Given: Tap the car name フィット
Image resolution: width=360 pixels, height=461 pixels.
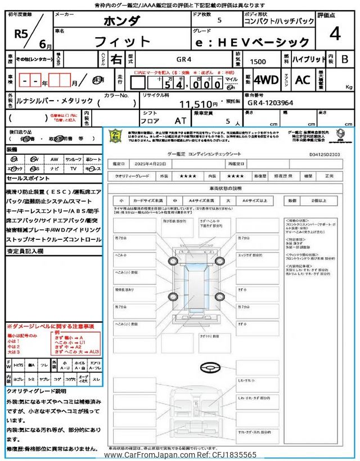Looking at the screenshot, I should click(x=123, y=42).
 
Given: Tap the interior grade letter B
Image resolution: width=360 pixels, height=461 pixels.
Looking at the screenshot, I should click(x=344, y=59).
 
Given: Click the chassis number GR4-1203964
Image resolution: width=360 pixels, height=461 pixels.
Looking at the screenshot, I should click(x=278, y=104).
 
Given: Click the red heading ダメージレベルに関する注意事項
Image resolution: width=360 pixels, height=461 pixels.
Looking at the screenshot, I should click(x=51, y=326).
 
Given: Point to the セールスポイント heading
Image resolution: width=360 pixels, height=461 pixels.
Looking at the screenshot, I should click(x=28, y=178).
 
